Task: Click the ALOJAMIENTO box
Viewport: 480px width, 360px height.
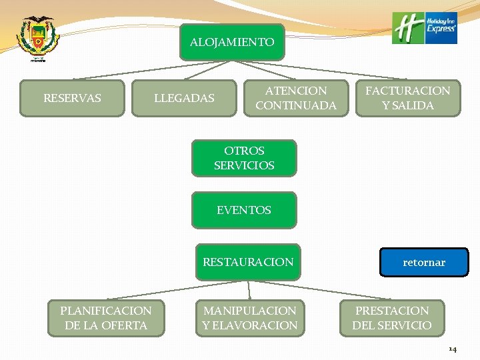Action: click(x=231, y=42)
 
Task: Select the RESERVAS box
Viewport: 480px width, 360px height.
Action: click(x=72, y=99)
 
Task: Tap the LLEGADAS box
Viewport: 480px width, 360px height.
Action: click(x=184, y=99)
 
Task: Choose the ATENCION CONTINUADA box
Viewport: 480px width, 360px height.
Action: click(x=295, y=98)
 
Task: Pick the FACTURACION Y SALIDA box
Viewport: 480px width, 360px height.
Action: click(x=407, y=98)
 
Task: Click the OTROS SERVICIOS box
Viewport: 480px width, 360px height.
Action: click(x=244, y=158)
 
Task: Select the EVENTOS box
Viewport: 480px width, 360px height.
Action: click(x=244, y=210)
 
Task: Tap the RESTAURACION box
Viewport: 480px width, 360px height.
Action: click(x=248, y=262)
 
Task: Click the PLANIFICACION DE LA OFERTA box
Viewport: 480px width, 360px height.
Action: click(x=106, y=318)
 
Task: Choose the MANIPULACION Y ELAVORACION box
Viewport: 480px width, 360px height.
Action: click(x=250, y=318)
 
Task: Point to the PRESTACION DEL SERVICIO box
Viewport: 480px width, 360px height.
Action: click(x=392, y=318)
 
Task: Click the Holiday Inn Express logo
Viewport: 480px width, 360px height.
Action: click(x=425, y=28)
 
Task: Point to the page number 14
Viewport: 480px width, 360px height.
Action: click(x=453, y=349)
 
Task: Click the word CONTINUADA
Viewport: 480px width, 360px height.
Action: click(x=296, y=105)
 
